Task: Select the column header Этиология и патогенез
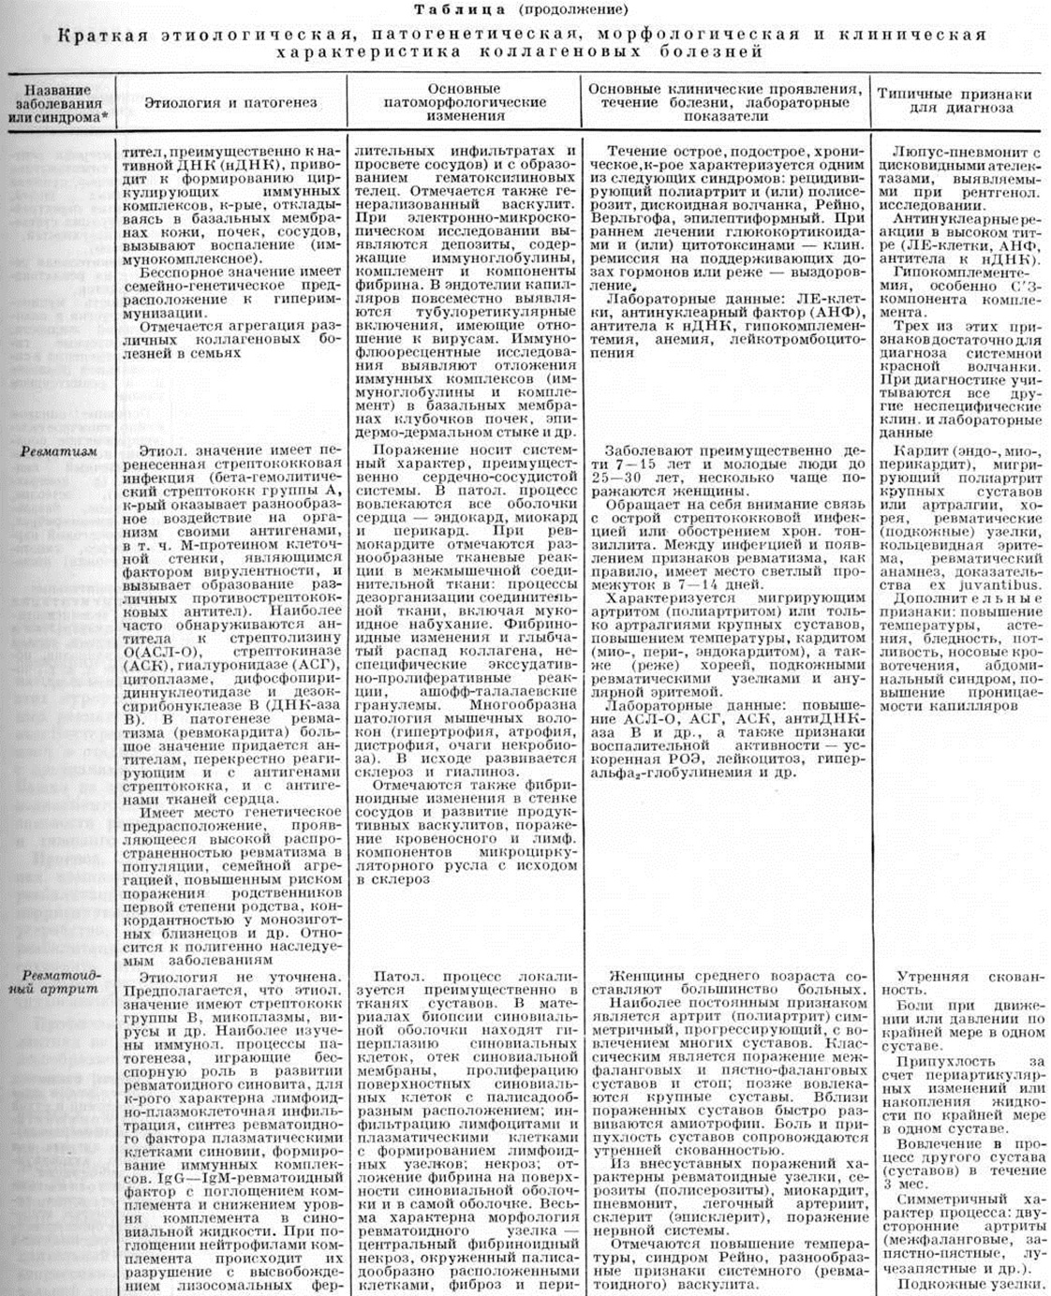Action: [229, 102]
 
